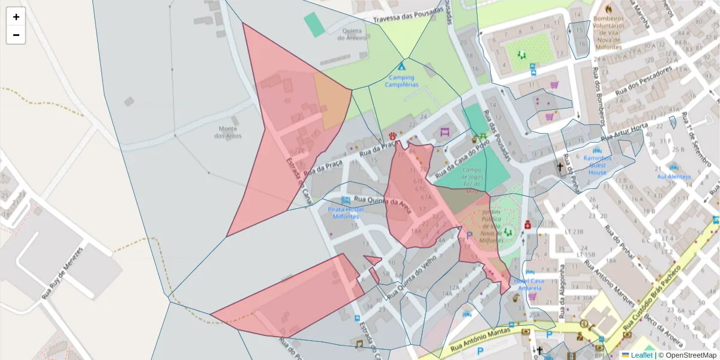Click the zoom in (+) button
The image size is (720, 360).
point(16,17)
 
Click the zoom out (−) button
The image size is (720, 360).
point(16,35)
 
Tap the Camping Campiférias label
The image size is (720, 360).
point(401,81)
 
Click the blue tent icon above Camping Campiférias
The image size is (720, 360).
point(401,65)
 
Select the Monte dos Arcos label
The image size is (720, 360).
point(228,133)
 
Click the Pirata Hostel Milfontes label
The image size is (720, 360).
point(344,212)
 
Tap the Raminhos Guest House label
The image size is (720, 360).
point(597,165)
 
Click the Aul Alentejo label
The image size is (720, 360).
point(674,177)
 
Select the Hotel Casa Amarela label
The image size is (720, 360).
point(529,284)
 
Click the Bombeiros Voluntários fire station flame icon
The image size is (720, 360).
point(609,10)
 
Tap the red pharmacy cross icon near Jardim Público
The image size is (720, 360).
point(527,225)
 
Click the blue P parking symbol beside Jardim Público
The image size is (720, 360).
point(469,236)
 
